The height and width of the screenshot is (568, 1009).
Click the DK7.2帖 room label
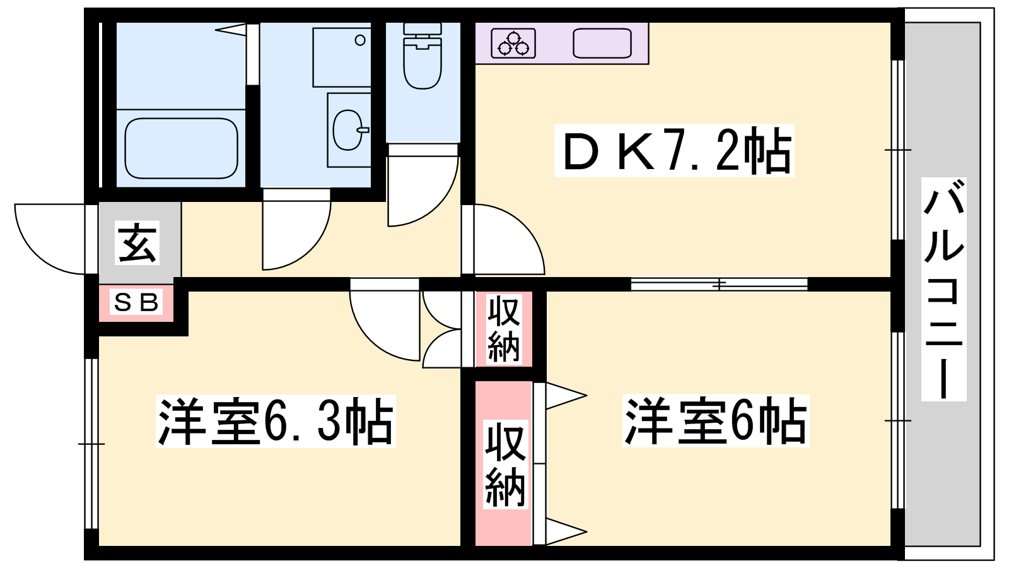click(x=674, y=151)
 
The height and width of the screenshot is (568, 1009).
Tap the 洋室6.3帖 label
click(x=276, y=421)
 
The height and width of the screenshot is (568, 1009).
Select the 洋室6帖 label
click(x=716, y=420)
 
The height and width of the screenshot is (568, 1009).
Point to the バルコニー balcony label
click(x=943, y=289)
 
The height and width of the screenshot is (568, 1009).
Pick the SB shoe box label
click(x=136, y=302)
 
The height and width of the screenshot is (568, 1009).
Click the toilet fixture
click(x=423, y=56)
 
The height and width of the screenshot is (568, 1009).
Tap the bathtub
click(x=181, y=148)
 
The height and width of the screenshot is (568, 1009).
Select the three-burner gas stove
click(x=513, y=44)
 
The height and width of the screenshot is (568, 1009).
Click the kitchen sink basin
click(x=602, y=44)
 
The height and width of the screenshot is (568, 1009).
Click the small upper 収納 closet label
click(x=504, y=329)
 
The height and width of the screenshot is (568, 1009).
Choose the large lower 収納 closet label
click(x=505, y=464)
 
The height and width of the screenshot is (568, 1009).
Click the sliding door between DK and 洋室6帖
click(x=719, y=285)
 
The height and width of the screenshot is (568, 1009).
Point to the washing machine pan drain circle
click(x=360, y=40)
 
